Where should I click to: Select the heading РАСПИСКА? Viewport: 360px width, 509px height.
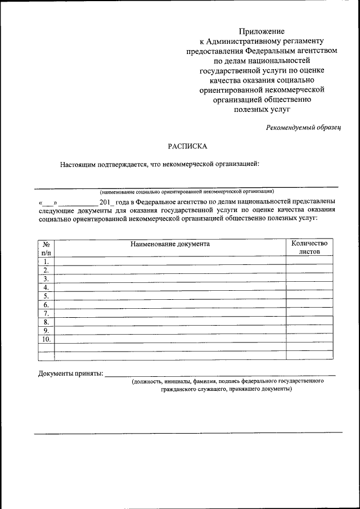coord(188,146)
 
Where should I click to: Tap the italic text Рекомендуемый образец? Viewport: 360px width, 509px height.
coord(304,128)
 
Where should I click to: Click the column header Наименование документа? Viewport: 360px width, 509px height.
coord(170,244)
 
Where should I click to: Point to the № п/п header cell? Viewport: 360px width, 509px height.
coord(46,248)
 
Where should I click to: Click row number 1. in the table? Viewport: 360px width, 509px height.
coord(46,262)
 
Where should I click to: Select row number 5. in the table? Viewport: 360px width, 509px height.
coord(46,296)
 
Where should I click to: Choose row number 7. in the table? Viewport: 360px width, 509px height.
coord(46,313)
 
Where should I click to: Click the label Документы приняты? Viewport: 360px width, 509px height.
coord(70,373)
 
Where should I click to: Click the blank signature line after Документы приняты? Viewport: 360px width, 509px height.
coord(220,373)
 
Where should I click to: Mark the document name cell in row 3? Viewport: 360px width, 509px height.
coord(170,278)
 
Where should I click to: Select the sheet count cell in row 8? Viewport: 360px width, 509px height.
coord(309,322)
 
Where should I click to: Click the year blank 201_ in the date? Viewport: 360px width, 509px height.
coord(106,201)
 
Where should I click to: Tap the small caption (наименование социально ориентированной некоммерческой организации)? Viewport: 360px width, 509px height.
coord(187,191)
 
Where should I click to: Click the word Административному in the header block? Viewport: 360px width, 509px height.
coord(264,41)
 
